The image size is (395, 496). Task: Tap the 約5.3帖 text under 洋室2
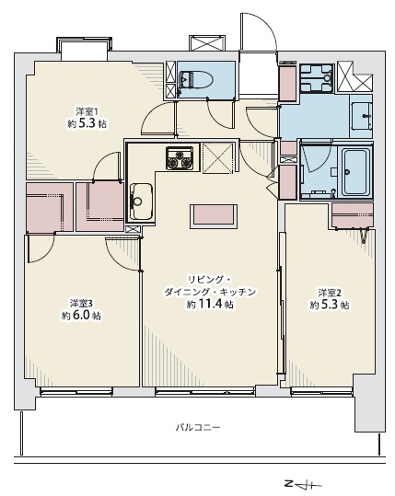tap(329, 305)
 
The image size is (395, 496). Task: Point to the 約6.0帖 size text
tap(81, 316)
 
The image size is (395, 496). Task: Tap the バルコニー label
tap(201, 428)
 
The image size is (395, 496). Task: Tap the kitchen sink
tap(142, 195)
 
